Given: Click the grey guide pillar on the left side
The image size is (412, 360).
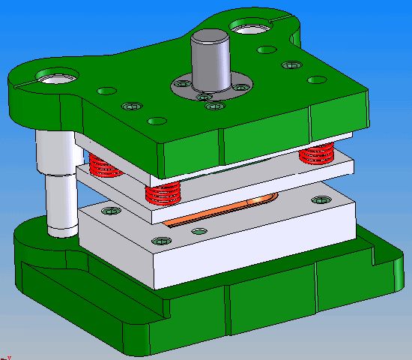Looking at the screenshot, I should [x=57, y=180].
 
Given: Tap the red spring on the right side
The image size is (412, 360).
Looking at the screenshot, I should [x=315, y=156].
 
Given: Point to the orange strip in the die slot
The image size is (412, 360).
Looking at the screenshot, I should [x=225, y=209].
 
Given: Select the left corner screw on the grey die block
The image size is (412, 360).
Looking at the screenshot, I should [x=111, y=211].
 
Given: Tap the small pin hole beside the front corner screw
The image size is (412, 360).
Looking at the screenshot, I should [x=198, y=231].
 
